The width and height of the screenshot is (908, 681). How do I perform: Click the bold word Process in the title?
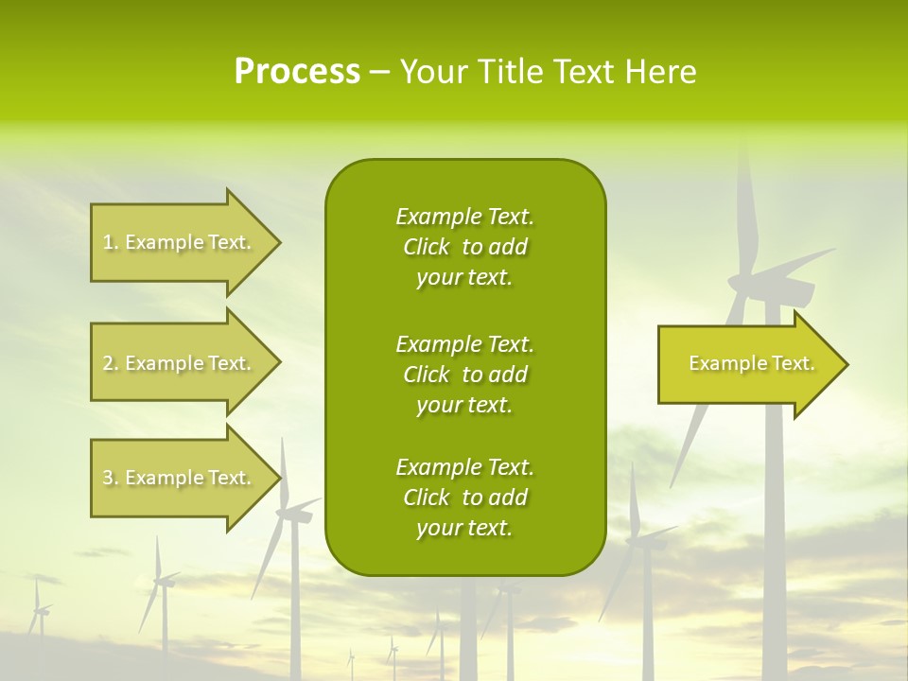[297, 72]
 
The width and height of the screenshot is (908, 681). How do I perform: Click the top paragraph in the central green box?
[464, 247]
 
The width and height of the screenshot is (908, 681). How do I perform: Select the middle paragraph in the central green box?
[464, 375]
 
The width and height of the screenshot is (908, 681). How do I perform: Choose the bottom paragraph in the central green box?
[464, 498]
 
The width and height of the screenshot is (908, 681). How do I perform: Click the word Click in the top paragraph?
[427, 247]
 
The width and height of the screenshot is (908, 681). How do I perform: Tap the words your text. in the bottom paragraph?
[464, 529]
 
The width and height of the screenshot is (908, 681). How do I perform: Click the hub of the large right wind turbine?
[747, 280]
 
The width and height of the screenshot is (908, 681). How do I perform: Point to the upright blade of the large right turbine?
[746, 208]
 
